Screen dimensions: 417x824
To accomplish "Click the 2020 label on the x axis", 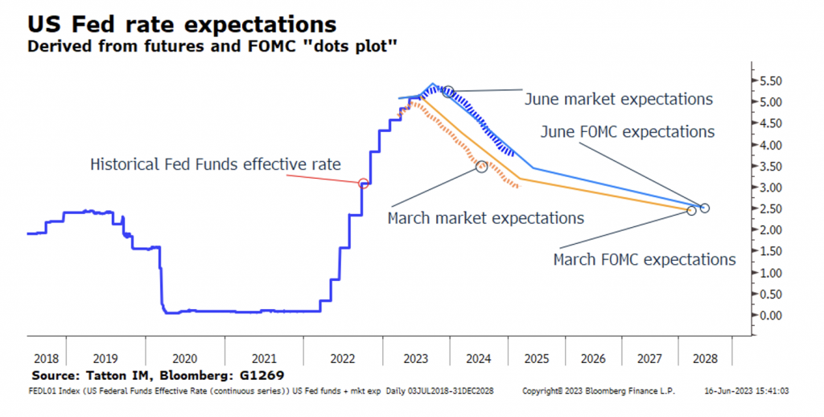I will click(x=185, y=358).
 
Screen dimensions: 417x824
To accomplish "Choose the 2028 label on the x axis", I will click(x=706, y=358).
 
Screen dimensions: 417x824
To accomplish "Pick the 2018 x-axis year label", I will click(x=46, y=358).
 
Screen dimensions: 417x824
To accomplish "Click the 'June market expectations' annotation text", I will click(x=618, y=99).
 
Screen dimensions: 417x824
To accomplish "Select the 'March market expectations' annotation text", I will click(x=485, y=218).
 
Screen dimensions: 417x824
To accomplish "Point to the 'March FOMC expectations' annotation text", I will click(x=644, y=260).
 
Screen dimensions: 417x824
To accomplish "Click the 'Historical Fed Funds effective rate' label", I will click(x=215, y=164).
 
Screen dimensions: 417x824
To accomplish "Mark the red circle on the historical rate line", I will click(x=363, y=184).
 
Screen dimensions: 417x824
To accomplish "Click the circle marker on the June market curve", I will click(x=448, y=92).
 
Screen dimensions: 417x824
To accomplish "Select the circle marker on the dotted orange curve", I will click(x=481, y=167).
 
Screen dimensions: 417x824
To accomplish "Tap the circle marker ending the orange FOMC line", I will click(x=691, y=211).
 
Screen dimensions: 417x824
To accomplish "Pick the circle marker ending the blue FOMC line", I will click(x=705, y=208).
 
